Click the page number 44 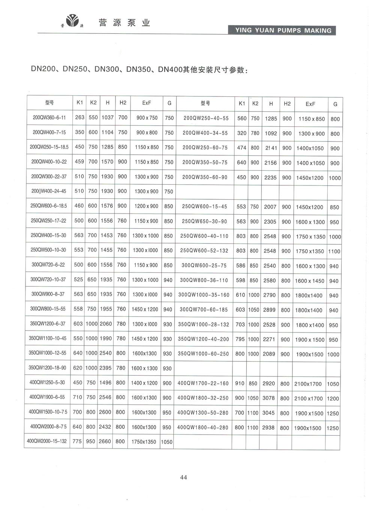[183, 477]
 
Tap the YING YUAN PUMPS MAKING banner [282, 30]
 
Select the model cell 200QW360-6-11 [49, 117]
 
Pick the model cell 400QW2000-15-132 [47, 441]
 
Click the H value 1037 [107, 117]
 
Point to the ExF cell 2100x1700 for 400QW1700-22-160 [308, 384]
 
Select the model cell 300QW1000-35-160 [204, 295]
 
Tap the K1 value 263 [79, 117]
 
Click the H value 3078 [268, 398]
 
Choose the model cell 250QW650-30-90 [204, 221]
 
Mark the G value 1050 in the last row [166, 442]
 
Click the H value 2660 [105, 441]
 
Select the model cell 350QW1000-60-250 [203, 354]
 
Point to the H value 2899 [269, 310]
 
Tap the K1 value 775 [77, 441]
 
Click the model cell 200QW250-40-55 [206, 118]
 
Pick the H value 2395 [105, 368]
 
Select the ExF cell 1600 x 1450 [310, 281]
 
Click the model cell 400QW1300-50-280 [203, 413]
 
